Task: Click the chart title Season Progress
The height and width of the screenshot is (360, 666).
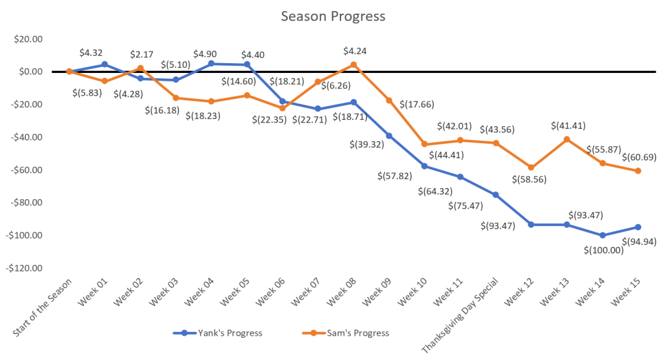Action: pos(333,15)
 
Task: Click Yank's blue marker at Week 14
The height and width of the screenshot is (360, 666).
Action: pos(603,235)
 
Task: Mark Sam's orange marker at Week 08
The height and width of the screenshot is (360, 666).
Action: pos(354,64)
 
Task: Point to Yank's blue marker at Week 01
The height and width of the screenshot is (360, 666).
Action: pos(104,64)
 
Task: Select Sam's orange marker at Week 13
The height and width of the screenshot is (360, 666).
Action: pos(566,139)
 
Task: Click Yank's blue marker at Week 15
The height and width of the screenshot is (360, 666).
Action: pos(638,227)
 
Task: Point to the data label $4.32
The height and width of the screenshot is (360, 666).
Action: pos(90,52)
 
